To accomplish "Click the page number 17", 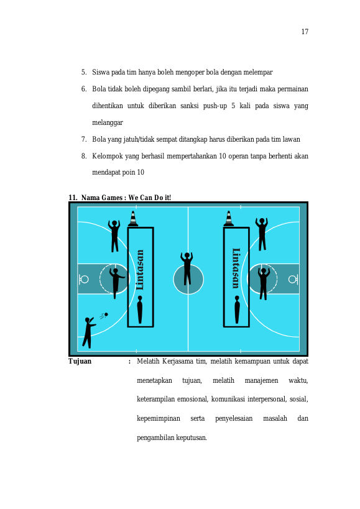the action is coord(305,32).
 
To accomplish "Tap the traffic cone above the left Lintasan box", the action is coord(133,219).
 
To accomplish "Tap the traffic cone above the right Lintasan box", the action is coord(229,219).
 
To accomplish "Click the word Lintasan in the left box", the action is coord(139,270).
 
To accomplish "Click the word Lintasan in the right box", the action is coord(236,268).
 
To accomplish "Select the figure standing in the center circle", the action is coord(187,268).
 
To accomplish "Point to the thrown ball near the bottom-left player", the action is coord(106,314).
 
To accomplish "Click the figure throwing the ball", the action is coord(89,332).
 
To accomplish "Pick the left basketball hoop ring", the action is coord(84,279).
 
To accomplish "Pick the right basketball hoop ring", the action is coord(292,279).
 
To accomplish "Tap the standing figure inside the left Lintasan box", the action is coord(140,310).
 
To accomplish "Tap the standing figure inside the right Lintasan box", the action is coord(237,310).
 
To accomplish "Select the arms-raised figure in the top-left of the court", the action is coord(114,236).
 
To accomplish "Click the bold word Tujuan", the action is coord(80,361).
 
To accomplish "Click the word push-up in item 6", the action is coord(215,106).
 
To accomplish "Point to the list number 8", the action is coord(84,156).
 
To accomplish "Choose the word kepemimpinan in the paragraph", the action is coord(159,418).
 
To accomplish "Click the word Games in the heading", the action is coord(112,198).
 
